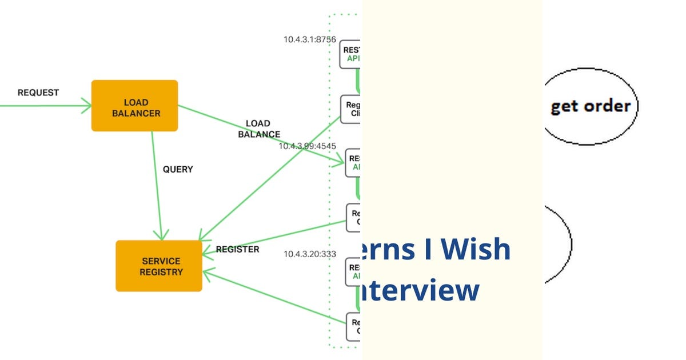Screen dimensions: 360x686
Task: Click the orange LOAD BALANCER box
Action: (134, 106)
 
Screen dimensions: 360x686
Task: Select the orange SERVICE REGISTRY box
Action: (159, 266)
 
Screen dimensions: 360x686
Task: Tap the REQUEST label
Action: (38, 93)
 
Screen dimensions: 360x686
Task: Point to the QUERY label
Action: (178, 169)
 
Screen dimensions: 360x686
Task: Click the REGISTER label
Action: (237, 249)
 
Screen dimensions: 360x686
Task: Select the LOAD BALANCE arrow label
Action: (258, 129)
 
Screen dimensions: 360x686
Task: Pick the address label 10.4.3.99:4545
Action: (307, 146)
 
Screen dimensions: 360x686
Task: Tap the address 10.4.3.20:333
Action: (310, 254)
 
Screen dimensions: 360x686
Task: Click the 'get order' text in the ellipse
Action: (590, 106)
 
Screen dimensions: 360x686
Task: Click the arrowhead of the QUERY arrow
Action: (162, 235)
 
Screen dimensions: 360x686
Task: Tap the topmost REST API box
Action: (351, 54)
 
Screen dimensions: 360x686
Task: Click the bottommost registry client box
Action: (353, 326)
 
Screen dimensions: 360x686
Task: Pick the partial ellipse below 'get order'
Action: (558, 244)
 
